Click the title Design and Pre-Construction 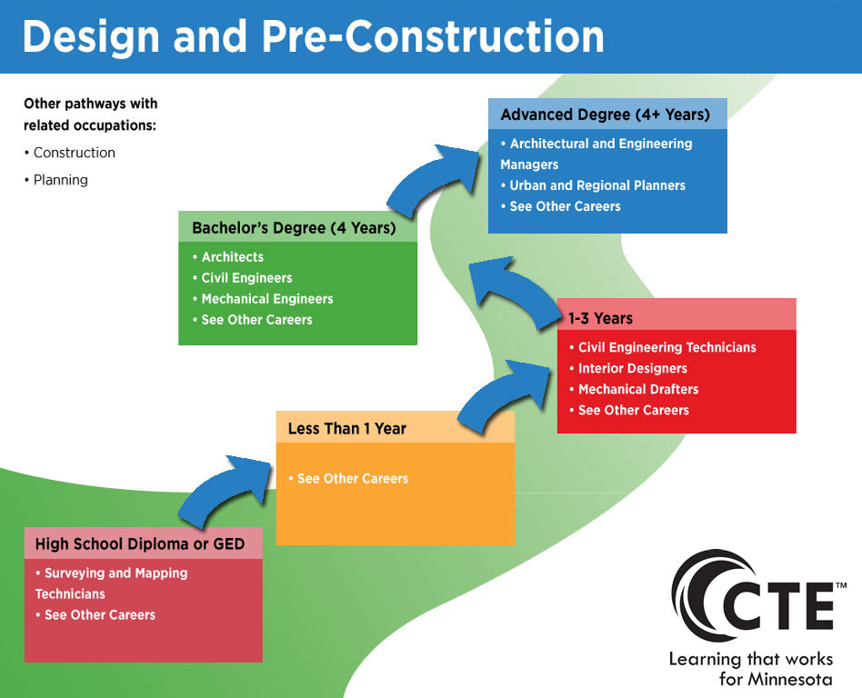point(314,36)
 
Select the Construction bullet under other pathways point(70,153)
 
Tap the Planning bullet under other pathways point(56,180)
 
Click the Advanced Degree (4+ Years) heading point(606,115)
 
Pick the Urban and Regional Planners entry point(593,185)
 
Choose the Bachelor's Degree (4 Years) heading point(294,228)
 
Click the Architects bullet point(228,257)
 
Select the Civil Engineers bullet point(243,278)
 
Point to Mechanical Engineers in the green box point(263,299)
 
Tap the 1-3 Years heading point(600,318)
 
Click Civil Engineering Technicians point(663,347)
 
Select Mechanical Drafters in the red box point(634,389)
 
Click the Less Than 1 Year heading point(346,429)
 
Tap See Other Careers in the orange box point(348,479)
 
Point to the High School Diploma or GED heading point(140,544)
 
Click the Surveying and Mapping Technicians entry point(112,583)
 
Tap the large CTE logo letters point(781,607)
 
